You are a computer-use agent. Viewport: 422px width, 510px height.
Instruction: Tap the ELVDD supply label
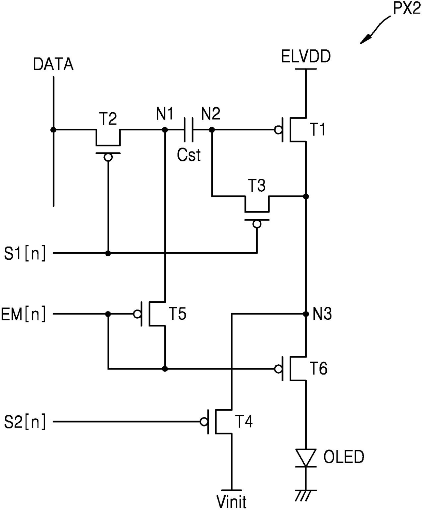(x=306, y=57)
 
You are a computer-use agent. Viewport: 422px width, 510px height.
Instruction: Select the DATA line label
(x=53, y=64)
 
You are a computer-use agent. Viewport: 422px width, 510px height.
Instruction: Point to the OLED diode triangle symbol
(x=306, y=461)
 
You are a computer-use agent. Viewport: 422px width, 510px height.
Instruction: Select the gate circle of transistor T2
(x=108, y=158)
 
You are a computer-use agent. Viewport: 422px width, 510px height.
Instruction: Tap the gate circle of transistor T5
(x=137, y=314)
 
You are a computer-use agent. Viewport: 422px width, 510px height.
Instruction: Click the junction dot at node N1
(x=165, y=130)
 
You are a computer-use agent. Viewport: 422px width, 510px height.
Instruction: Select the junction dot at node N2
(x=212, y=130)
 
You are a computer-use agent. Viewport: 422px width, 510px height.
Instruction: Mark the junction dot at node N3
(x=306, y=314)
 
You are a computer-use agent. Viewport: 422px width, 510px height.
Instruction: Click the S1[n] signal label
(x=25, y=253)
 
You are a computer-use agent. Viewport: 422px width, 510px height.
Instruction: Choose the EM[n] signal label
(x=23, y=314)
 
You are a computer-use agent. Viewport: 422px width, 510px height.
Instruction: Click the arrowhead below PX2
(x=366, y=39)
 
